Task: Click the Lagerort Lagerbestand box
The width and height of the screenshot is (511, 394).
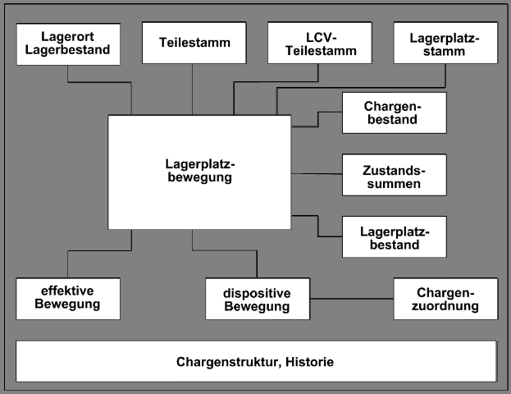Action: (x=68, y=44)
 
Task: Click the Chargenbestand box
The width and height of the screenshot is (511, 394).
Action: (x=394, y=112)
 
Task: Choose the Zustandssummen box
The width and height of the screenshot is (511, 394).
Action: (x=394, y=175)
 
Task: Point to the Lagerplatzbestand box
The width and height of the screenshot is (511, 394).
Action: (x=394, y=236)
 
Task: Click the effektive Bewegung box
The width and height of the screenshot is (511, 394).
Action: (x=68, y=298)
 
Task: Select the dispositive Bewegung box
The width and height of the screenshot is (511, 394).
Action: (x=257, y=299)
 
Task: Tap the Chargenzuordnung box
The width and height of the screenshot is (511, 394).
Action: (x=445, y=298)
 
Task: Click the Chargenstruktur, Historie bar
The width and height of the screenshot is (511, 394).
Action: (x=256, y=361)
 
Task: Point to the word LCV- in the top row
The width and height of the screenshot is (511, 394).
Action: (x=318, y=37)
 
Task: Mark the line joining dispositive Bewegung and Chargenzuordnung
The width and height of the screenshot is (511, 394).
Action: (x=353, y=298)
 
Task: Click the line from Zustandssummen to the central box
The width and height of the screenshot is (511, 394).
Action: (x=316, y=174)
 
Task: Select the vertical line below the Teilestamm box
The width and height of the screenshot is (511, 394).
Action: (x=193, y=89)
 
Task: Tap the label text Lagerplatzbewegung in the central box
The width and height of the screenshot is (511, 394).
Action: (x=198, y=169)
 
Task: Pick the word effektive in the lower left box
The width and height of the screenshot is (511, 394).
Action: (x=68, y=291)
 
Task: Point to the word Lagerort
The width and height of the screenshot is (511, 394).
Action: (x=68, y=37)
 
